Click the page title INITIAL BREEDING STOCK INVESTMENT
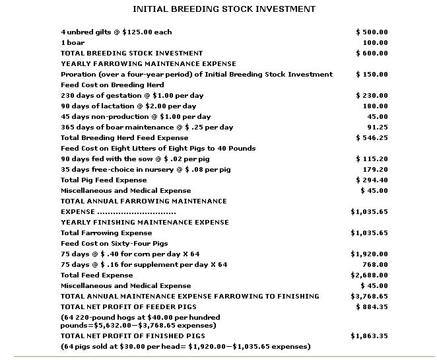(x=224, y=9)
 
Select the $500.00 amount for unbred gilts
(x=372, y=32)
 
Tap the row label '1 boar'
(x=73, y=42)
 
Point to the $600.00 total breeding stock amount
(x=372, y=53)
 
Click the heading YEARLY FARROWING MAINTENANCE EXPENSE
(x=144, y=63)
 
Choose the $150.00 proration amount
(x=372, y=74)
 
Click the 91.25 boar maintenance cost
(x=377, y=127)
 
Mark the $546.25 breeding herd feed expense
(x=372, y=137)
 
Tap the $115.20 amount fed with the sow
(x=372, y=159)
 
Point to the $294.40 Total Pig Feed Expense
(x=372, y=180)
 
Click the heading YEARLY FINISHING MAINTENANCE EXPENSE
(x=145, y=222)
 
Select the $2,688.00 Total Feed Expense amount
(x=369, y=275)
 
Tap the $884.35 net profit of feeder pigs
(x=372, y=306)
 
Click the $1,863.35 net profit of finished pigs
(x=369, y=336)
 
